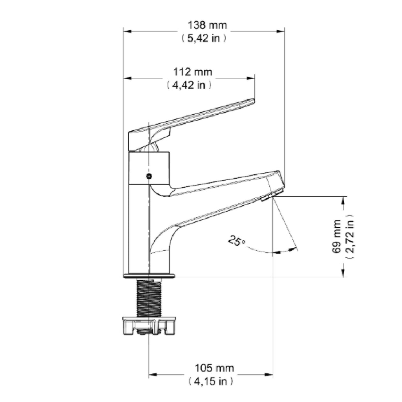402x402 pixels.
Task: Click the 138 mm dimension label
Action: tap(207, 25)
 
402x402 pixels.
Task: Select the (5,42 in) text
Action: tap(204, 38)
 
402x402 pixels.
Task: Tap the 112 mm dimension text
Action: tap(193, 72)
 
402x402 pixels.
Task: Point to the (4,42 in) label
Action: tap(189, 85)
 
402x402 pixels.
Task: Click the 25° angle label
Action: tap(236, 241)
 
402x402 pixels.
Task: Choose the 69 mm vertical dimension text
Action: tap(336, 236)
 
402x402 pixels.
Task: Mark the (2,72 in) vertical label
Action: tap(350, 236)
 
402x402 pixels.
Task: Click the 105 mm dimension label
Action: tap(214, 368)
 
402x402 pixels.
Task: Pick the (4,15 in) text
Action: tap(211, 382)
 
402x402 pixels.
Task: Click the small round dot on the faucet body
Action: tap(149, 176)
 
